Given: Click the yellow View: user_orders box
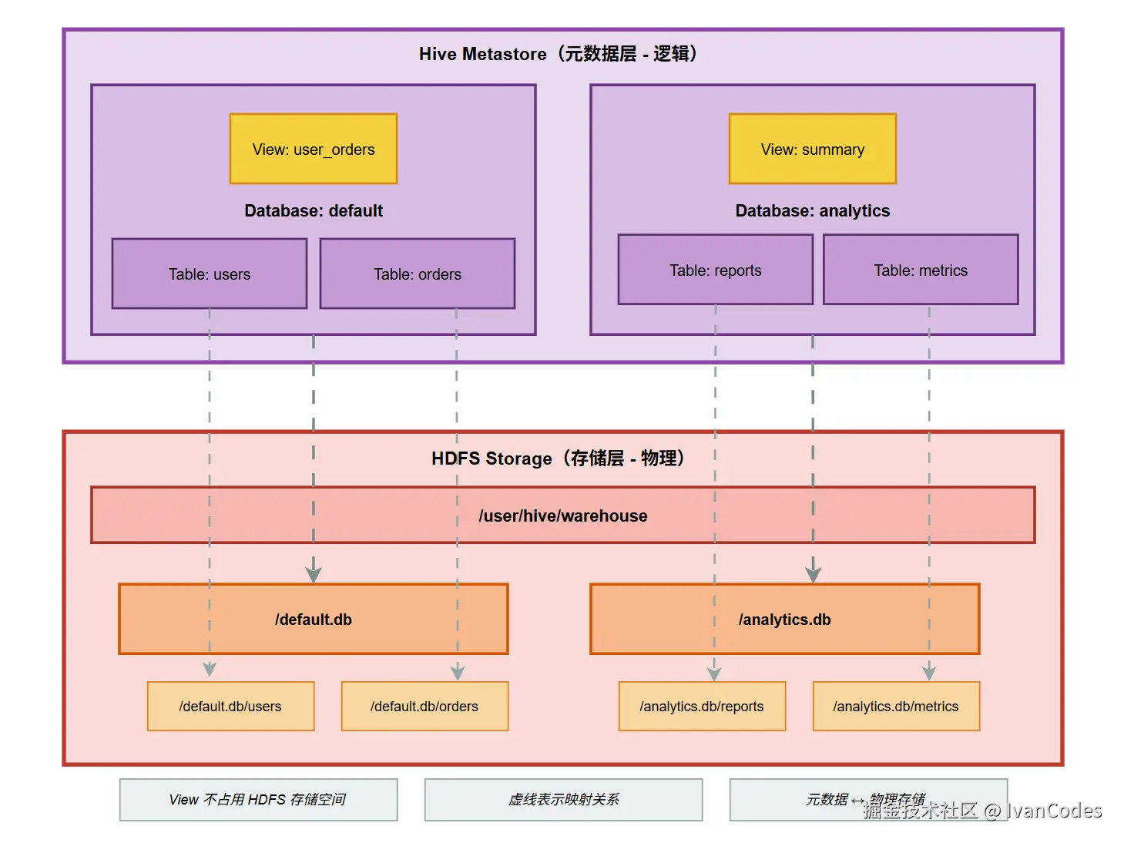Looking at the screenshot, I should click(x=313, y=149).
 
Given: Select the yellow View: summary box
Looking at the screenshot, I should click(x=812, y=149).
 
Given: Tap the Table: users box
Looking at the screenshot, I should click(x=209, y=274).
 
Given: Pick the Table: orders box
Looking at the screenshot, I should click(x=417, y=274).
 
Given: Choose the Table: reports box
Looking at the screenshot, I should click(x=715, y=270).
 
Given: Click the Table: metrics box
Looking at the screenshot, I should click(x=920, y=270).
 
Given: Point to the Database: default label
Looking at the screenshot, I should click(x=313, y=210).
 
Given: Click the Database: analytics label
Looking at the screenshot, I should click(x=812, y=210).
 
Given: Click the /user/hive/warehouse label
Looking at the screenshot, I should click(x=562, y=516).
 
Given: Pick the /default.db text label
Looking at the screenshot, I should click(x=313, y=620).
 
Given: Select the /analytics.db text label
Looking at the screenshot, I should click(x=784, y=620).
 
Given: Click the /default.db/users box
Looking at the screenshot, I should click(x=230, y=706).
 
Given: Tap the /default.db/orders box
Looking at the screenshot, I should click(x=424, y=706).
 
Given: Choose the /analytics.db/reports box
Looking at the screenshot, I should click(x=702, y=706).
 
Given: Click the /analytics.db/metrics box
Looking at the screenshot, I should click(x=896, y=706).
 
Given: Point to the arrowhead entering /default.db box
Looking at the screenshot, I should click(x=314, y=575).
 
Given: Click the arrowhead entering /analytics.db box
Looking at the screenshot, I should click(x=813, y=575).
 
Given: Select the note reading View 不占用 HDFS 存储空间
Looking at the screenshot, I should click(x=258, y=799).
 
